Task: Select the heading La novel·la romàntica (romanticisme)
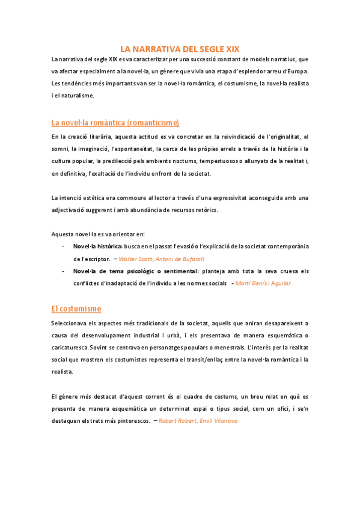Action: (x=115, y=123)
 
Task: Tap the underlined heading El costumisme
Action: (x=76, y=309)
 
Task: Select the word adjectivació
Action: (x=70, y=210)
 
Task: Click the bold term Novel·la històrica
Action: (x=97, y=247)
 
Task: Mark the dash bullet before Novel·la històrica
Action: (x=63, y=247)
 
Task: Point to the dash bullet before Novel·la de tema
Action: (x=63, y=271)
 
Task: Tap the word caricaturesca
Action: (x=70, y=347)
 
